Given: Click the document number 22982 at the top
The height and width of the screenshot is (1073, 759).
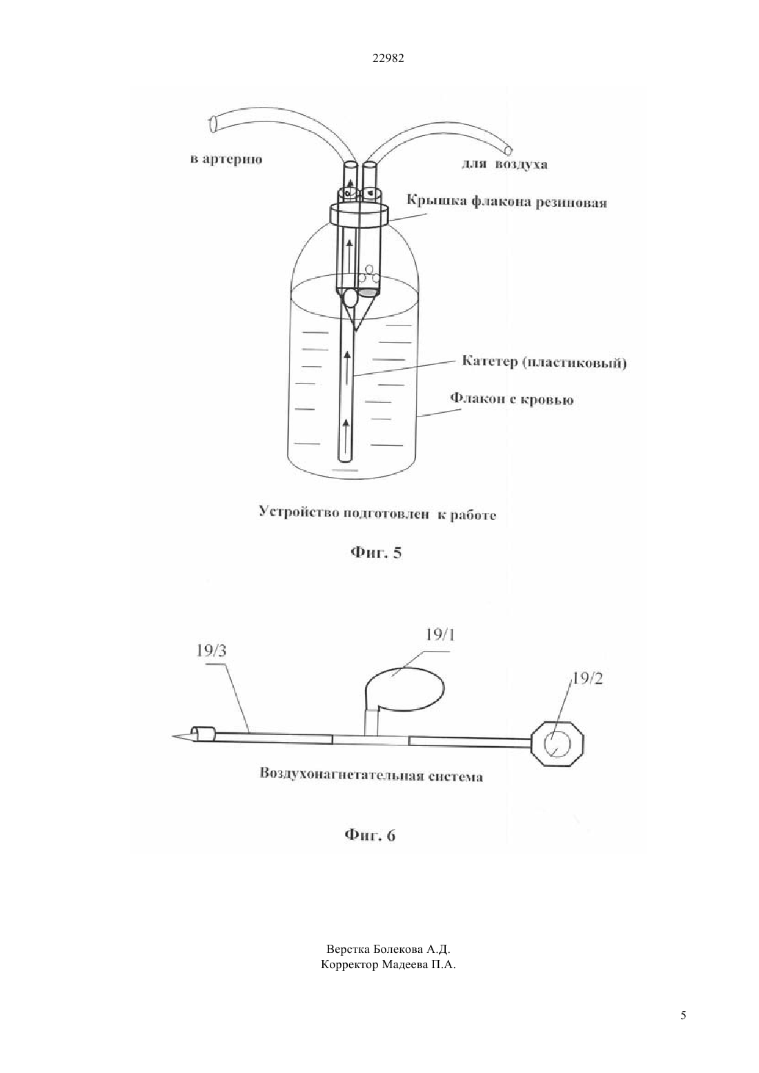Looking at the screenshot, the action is pos(388,59).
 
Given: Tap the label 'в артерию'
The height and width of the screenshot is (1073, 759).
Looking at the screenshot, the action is pos(226,159).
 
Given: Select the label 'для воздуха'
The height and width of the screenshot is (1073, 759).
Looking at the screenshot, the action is pos(504,164).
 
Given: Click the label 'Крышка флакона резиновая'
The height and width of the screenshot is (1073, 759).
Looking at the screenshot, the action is pos(507,201).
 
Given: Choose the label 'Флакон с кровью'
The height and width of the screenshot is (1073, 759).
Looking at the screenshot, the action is pos(512,399).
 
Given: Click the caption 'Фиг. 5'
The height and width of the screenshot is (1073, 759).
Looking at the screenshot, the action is pos(376,553).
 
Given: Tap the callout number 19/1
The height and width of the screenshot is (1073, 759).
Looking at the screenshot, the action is pos(440,635).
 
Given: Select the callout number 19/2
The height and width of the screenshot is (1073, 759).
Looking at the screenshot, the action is pos(587,679).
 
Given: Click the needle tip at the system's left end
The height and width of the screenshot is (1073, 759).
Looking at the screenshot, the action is pos(172,736).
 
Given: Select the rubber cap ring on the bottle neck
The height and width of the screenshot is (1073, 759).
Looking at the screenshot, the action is pos(358,212).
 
